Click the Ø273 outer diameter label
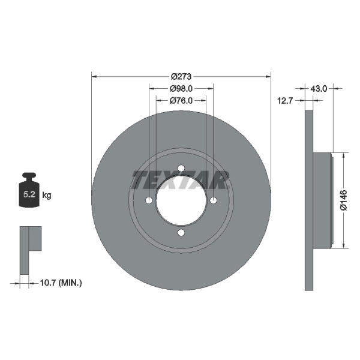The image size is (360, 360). (181, 76)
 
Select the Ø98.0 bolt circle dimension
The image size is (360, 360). (181, 88)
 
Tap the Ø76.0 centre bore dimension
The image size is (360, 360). (181, 101)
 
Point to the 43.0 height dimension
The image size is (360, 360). (319, 88)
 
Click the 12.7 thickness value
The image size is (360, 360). (285, 101)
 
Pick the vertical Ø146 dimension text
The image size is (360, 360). (344, 200)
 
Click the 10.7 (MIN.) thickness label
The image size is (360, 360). (61, 283)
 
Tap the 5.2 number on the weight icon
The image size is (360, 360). (29, 194)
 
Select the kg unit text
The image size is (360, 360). (47, 196)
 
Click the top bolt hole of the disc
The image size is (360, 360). (181, 168)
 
